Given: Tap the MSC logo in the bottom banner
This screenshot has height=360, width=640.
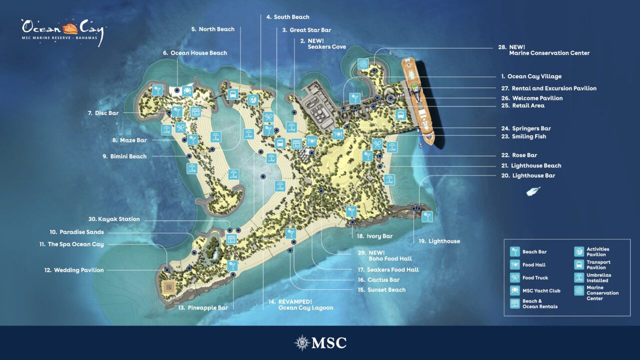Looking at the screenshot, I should tap(320, 342).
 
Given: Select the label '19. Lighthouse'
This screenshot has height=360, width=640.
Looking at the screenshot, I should tap(439, 241).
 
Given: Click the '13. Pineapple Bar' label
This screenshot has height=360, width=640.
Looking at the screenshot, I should tap(203, 307).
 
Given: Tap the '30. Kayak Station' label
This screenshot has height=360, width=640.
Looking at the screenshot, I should tap(114, 219).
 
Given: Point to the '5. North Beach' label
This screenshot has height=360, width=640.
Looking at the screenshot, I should tap(212, 29).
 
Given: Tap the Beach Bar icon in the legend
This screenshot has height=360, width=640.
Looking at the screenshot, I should tap(514, 251).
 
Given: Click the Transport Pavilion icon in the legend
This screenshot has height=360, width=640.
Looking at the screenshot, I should tap(579, 264).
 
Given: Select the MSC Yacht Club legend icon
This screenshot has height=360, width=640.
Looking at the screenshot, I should tap(514, 290).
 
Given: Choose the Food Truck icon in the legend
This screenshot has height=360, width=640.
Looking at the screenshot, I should tap(514, 277).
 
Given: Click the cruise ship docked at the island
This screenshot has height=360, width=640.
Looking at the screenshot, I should tap(418, 100).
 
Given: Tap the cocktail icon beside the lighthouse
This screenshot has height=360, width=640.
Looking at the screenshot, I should tap(427, 216).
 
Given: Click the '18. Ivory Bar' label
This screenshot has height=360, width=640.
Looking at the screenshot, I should tap(374, 236).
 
